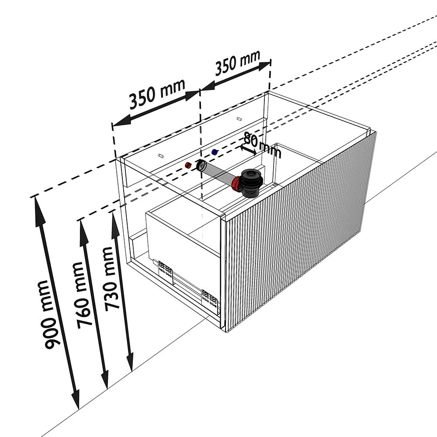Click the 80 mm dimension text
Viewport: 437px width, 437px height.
[262, 145]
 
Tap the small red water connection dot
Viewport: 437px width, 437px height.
[187, 165]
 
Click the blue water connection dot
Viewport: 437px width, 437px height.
[214, 152]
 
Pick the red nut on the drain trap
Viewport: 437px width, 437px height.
[237, 184]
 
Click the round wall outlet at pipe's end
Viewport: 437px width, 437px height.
[201, 166]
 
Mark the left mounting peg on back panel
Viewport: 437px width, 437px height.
[160, 155]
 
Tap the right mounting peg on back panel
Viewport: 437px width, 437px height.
[239, 119]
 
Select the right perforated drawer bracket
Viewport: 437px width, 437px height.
[209, 298]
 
